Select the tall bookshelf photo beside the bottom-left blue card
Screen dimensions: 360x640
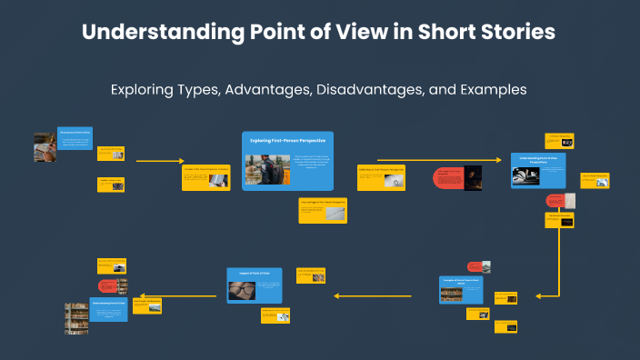pos(76,318)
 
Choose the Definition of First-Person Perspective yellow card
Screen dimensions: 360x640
pos(381,177)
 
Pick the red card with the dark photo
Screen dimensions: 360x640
pos(457,177)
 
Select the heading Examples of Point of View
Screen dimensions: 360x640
pos(460,281)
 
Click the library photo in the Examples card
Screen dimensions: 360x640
pos(454,295)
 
